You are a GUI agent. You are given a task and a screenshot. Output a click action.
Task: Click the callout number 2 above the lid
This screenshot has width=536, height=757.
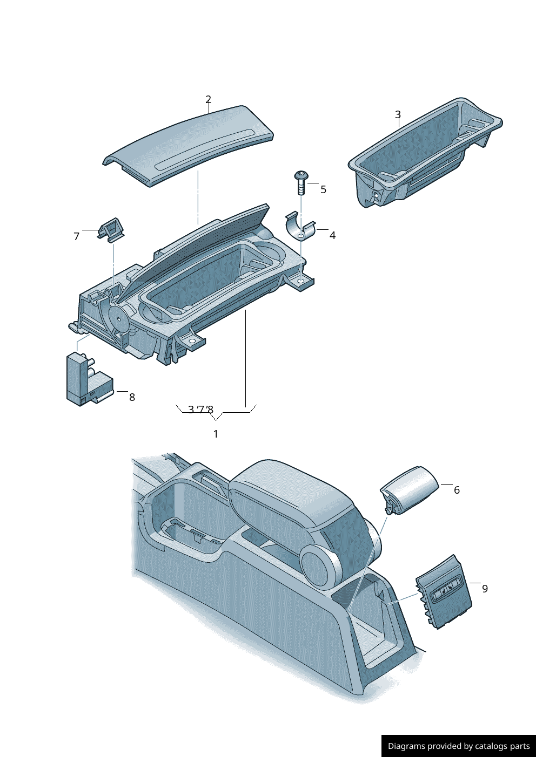coord(208,100)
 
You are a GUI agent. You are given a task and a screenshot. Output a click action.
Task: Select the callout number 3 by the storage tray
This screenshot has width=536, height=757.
coord(398,115)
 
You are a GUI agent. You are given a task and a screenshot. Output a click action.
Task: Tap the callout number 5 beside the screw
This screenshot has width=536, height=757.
coord(323,189)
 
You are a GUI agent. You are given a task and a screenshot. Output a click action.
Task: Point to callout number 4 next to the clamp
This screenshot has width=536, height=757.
coord(332,235)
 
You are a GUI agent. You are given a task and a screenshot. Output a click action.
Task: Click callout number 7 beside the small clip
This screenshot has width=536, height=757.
coord(76,236)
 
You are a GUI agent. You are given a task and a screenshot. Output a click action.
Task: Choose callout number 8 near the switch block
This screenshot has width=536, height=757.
coord(132,397)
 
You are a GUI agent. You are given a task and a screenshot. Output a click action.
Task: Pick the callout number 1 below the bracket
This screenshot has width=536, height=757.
coord(216,434)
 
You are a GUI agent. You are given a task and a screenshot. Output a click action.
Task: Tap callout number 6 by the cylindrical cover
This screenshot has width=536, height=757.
coord(457,490)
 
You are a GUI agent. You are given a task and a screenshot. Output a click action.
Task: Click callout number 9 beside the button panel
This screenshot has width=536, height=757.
coord(485,589)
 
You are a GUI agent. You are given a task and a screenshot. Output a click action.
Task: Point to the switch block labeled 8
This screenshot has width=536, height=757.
coord(86,380)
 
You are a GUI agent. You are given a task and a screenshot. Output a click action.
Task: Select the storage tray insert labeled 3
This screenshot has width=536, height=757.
coord(421,154)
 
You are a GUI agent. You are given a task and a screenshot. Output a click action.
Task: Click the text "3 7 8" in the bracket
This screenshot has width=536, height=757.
coord(200,410)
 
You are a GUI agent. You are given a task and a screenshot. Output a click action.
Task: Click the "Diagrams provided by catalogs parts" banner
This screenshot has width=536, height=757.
coord(458,746)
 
